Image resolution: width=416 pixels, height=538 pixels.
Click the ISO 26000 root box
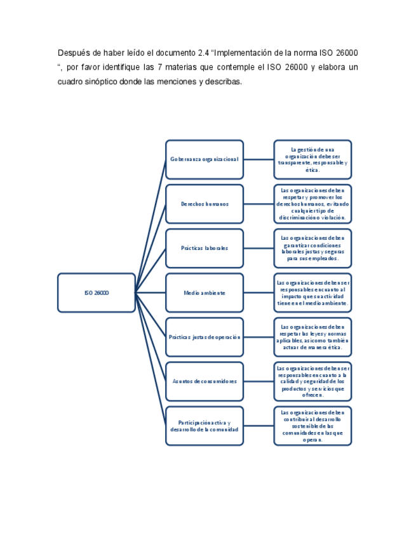(x=97, y=292)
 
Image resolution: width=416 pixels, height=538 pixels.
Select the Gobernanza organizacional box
(x=204, y=159)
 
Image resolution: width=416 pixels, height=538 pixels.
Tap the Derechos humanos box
(x=204, y=204)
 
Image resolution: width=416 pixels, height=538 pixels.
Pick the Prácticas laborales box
(x=204, y=248)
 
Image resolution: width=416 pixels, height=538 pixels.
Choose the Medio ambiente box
(x=204, y=292)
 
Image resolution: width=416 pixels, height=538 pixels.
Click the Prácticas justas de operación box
(x=204, y=337)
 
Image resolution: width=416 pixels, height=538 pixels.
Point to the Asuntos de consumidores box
(x=204, y=381)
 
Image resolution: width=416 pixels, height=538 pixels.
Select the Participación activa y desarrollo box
(x=204, y=426)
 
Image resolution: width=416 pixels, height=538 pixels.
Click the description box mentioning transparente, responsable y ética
(x=312, y=159)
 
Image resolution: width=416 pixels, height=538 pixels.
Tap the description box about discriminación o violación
(x=312, y=204)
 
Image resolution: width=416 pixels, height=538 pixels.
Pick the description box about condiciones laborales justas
(x=312, y=248)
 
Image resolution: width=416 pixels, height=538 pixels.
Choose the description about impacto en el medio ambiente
(x=312, y=292)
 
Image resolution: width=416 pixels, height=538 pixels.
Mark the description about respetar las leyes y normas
(x=312, y=337)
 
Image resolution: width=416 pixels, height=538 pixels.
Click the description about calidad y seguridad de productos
(x=312, y=381)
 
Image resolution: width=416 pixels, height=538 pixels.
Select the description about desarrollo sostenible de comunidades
(x=312, y=426)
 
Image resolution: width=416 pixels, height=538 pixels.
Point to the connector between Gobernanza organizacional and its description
(x=258, y=159)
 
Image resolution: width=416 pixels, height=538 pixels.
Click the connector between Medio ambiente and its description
(x=258, y=292)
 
